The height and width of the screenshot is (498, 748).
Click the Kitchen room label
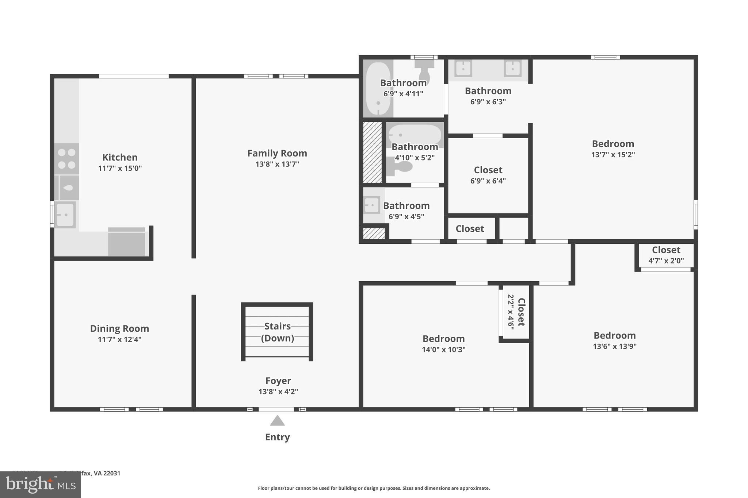pyautogui.click(x=120, y=157)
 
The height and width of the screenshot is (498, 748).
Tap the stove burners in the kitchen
pyautogui.click(x=66, y=159)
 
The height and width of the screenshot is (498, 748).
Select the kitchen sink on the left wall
pyautogui.click(x=65, y=215)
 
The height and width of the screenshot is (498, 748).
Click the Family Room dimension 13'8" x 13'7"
pyautogui.click(x=277, y=164)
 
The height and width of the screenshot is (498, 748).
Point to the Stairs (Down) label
pyautogui.click(x=277, y=332)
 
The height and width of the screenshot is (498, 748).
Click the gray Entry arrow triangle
pyautogui.click(x=277, y=421)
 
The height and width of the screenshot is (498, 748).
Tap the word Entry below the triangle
pyautogui.click(x=277, y=437)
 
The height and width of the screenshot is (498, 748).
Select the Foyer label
pyautogui.click(x=278, y=381)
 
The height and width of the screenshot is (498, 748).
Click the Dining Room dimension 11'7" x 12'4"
pyautogui.click(x=119, y=340)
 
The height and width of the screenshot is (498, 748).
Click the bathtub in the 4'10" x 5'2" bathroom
pyautogui.click(x=415, y=135)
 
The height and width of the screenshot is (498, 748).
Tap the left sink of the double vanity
pyautogui.click(x=463, y=68)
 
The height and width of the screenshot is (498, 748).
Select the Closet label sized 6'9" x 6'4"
pyautogui.click(x=488, y=170)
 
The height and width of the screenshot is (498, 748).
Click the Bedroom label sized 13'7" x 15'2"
pyautogui.click(x=613, y=144)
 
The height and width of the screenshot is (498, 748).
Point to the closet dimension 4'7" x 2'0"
pyautogui.click(x=666, y=261)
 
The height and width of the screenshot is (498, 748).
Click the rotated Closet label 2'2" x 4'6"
pyautogui.click(x=521, y=312)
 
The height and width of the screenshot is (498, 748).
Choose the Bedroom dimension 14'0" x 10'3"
pyautogui.click(x=443, y=350)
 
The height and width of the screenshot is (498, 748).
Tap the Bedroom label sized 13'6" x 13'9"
pyautogui.click(x=614, y=335)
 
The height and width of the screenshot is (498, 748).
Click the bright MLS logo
pyautogui.click(x=40, y=485)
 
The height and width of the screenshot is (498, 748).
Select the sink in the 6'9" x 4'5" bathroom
pyautogui.click(x=372, y=205)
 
